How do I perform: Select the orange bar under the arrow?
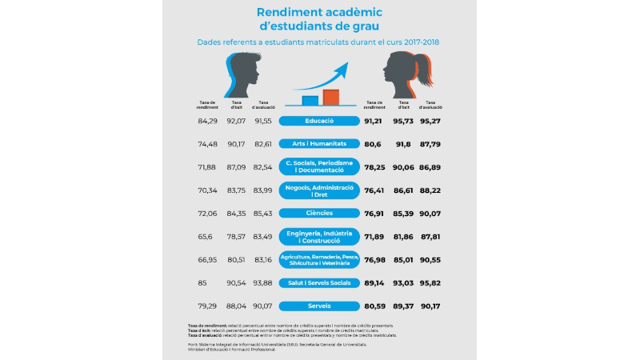(330, 98)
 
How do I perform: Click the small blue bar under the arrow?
(310, 100)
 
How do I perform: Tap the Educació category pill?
(319, 121)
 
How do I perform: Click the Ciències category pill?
(319, 214)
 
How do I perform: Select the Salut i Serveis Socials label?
(319, 282)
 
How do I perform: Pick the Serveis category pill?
(319, 306)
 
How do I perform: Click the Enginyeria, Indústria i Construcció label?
(319, 236)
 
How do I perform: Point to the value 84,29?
(207, 121)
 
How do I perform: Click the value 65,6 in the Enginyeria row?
(206, 236)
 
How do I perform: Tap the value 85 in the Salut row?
(203, 282)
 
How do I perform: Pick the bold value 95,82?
(432, 282)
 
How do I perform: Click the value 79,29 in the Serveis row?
(207, 306)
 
